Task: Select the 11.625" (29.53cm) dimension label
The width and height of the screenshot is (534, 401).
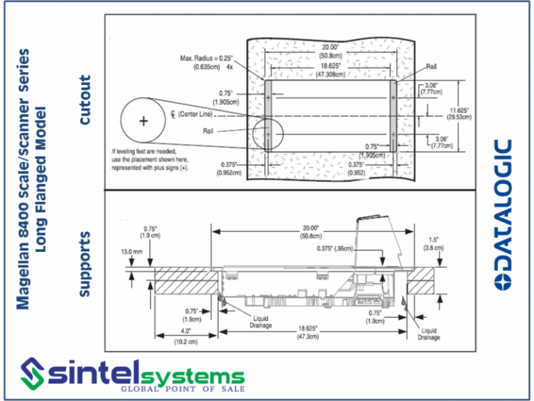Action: pyautogui.click(x=459, y=114)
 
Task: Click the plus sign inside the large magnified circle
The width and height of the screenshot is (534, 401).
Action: pyautogui.click(x=144, y=120)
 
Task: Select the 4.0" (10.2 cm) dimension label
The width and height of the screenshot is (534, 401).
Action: pyautogui.click(x=185, y=337)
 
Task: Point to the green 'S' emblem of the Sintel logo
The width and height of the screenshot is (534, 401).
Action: pyautogui.click(x=35, y=372)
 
